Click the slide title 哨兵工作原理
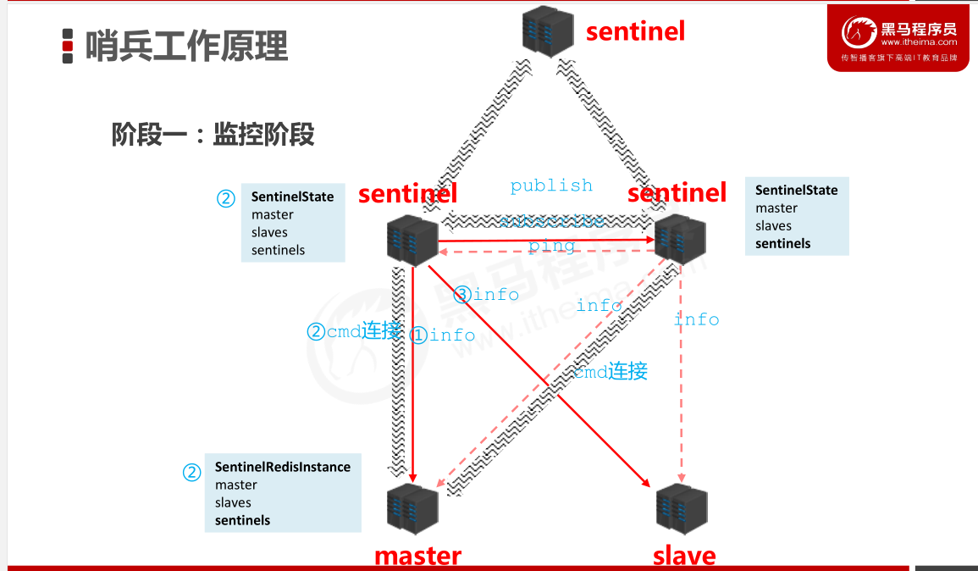[x=186, y=46]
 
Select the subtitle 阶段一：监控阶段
[x=213, y=134]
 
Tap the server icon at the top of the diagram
[x=548, y=31]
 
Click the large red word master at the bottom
[x=417, y=556]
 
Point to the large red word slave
[x=684, y=556]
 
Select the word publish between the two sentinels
[x=551, y=186]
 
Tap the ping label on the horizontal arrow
[x=552, y=247]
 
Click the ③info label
[x=486, y=295]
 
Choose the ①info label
[x=442, y=335]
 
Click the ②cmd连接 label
[x=353, y=331]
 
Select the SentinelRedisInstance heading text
[x=282, y=467]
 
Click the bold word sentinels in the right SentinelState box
[x=782, y=243]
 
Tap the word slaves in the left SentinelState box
[x=269, y=232]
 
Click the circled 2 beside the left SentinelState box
[x=225, y=198]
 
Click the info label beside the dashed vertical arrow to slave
[x=696, y=319]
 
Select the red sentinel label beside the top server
[x=635, y=31]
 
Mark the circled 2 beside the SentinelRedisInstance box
[x=192, y=472]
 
